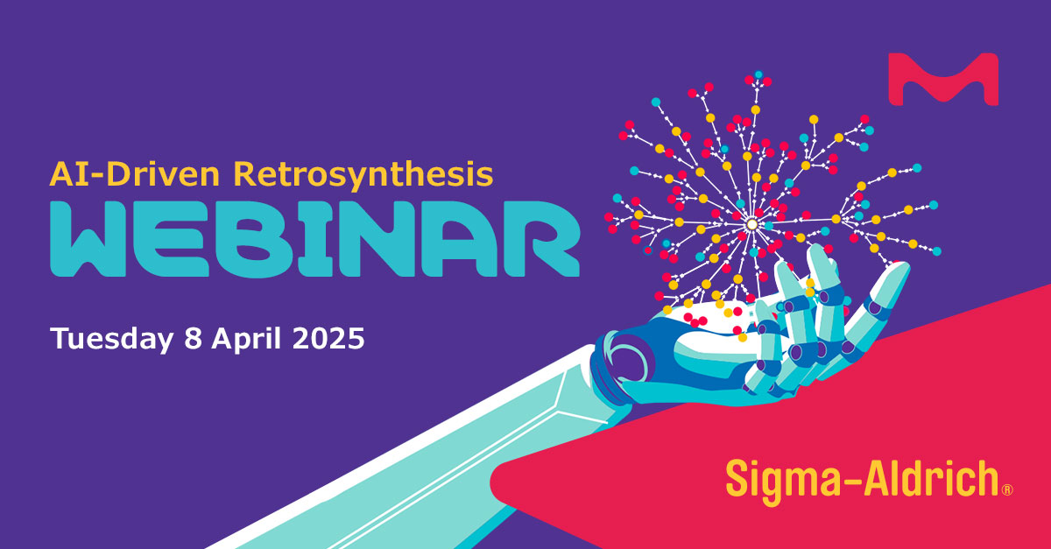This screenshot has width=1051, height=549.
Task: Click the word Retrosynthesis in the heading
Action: [x=363, y=175]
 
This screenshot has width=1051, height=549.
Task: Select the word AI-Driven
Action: [x=135, y=174]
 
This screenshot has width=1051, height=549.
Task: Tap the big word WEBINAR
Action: [x=314, y=239]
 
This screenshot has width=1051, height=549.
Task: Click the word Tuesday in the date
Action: [x=112, y=339]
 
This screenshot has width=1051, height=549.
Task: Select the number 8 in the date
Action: [x=193, y=338]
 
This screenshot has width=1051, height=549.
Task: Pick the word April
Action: [x=246, y=339]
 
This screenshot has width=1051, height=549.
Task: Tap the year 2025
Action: [x=328, y=338]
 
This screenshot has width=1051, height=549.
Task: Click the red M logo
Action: [x=943, y=79]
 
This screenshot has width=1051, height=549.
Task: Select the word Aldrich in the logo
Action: [x=931, y=478]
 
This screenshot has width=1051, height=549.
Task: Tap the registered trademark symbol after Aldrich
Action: [x=1007, y=489]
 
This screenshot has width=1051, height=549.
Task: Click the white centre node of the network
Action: [x=751, y=224]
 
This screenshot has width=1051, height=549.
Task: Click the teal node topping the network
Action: [x=758, y=74]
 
